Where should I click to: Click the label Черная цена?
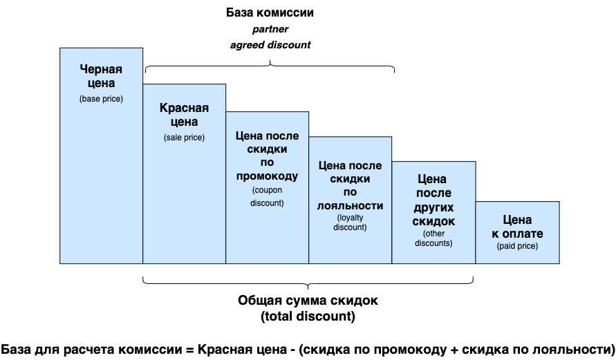[x=101, y=76]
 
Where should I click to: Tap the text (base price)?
[x=101, y=99]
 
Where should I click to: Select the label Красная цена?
[x=184, y=114]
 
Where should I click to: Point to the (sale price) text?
[x=184, y=138]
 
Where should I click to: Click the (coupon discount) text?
[x=267, y=196]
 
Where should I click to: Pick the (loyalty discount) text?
[x=350, y=222]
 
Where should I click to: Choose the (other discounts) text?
[x=433, y=238]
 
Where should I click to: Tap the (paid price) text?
[x=517, y=245]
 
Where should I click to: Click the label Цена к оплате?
[x=517, y=227]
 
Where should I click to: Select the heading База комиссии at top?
[x=270, y=13]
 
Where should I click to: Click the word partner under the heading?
[x=270, y=29]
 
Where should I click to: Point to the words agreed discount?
[x=270, y=45]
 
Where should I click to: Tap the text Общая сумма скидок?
[x=308, y=301]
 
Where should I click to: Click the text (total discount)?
[x=308, y=317]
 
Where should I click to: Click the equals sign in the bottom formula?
[x=190, y=348]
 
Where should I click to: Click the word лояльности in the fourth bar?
[x=350, y=205]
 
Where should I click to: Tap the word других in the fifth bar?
[x=433, y=207]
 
